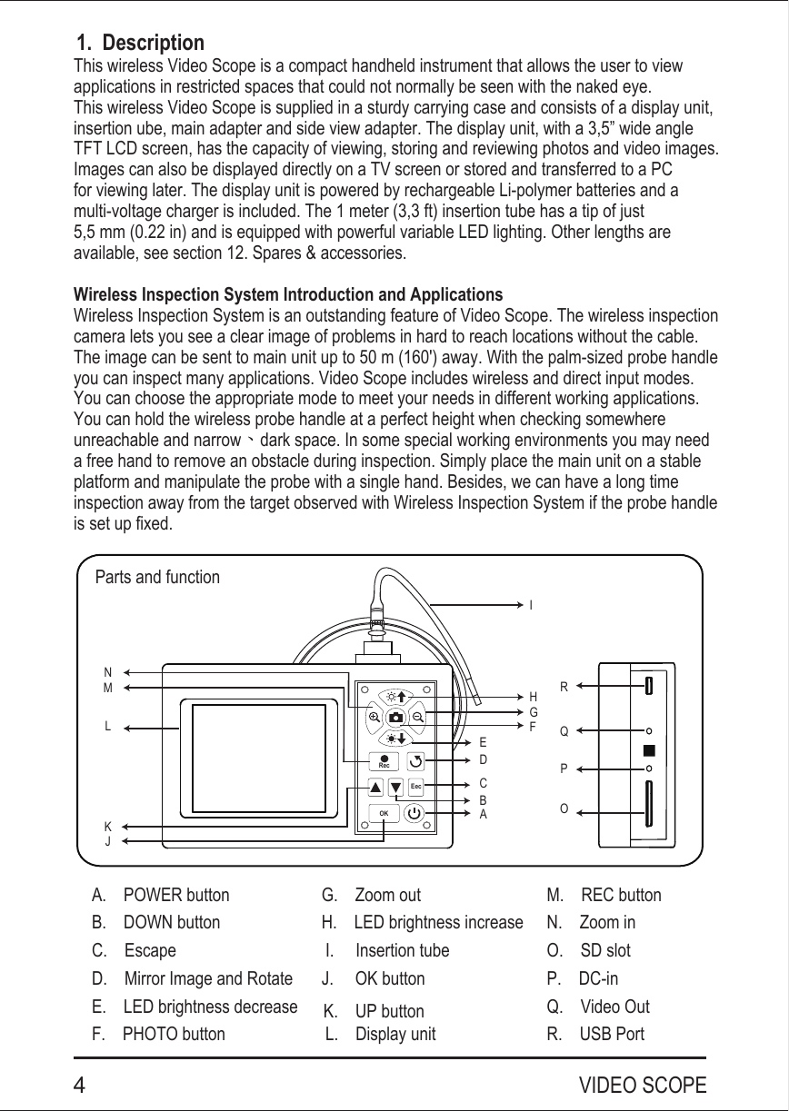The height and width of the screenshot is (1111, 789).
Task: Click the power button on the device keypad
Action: [414, 812]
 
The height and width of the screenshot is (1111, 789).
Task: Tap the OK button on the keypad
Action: [385, 812]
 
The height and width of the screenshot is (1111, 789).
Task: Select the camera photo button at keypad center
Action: [395, 718]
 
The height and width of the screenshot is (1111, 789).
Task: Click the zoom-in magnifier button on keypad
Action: [375, 718]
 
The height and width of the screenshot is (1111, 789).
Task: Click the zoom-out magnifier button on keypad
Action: [417, 718]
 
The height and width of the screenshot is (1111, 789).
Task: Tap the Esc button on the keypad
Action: [415, 785]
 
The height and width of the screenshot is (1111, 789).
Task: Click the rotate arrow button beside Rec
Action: [415, 759]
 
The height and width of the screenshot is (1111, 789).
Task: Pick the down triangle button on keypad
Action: [395, 786]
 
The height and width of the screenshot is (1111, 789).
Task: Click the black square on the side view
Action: [648, 750]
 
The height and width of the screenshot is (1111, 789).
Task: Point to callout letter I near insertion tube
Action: [531, 604]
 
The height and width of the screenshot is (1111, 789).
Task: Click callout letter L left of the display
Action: [107, 727]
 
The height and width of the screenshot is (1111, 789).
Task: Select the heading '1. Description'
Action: [140, 43]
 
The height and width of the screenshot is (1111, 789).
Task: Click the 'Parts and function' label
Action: [157, 577]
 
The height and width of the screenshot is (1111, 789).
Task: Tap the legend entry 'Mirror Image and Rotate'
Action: [208, 978]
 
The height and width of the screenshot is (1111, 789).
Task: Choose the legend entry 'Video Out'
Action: [614, 1007]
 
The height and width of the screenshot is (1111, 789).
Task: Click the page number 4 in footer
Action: [81, 1086]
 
